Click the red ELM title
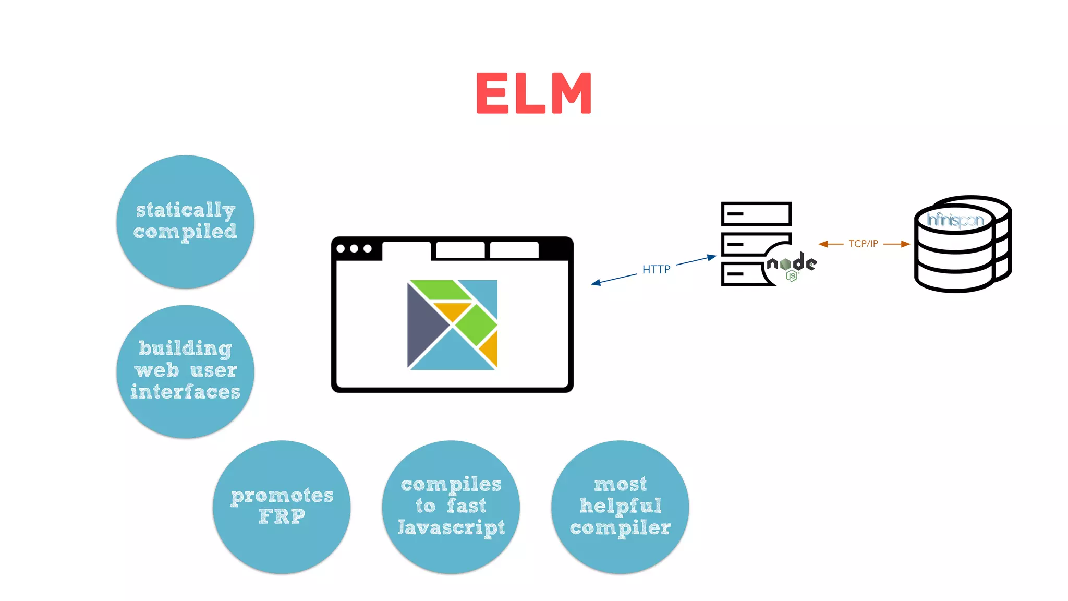(x=534, y=93)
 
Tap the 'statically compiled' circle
(x=185, y=221)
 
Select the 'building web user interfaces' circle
(x=185, y=371)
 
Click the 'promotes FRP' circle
(x=282, y=507)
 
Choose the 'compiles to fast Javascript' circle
(x=451, y=507)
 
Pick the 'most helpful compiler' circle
(x=620, y=507)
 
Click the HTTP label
(x=656, y=269)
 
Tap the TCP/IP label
(x=863, y=244)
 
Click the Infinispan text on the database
(x=955, y=220)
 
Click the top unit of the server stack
(x=756, y=214)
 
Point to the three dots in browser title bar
(x=354, y=249)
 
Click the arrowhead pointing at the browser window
(x=596, y=283)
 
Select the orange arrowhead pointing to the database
(x=905, y=244)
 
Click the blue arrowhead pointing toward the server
(x=712, y=257)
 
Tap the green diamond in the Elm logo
(x=476, y=324)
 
